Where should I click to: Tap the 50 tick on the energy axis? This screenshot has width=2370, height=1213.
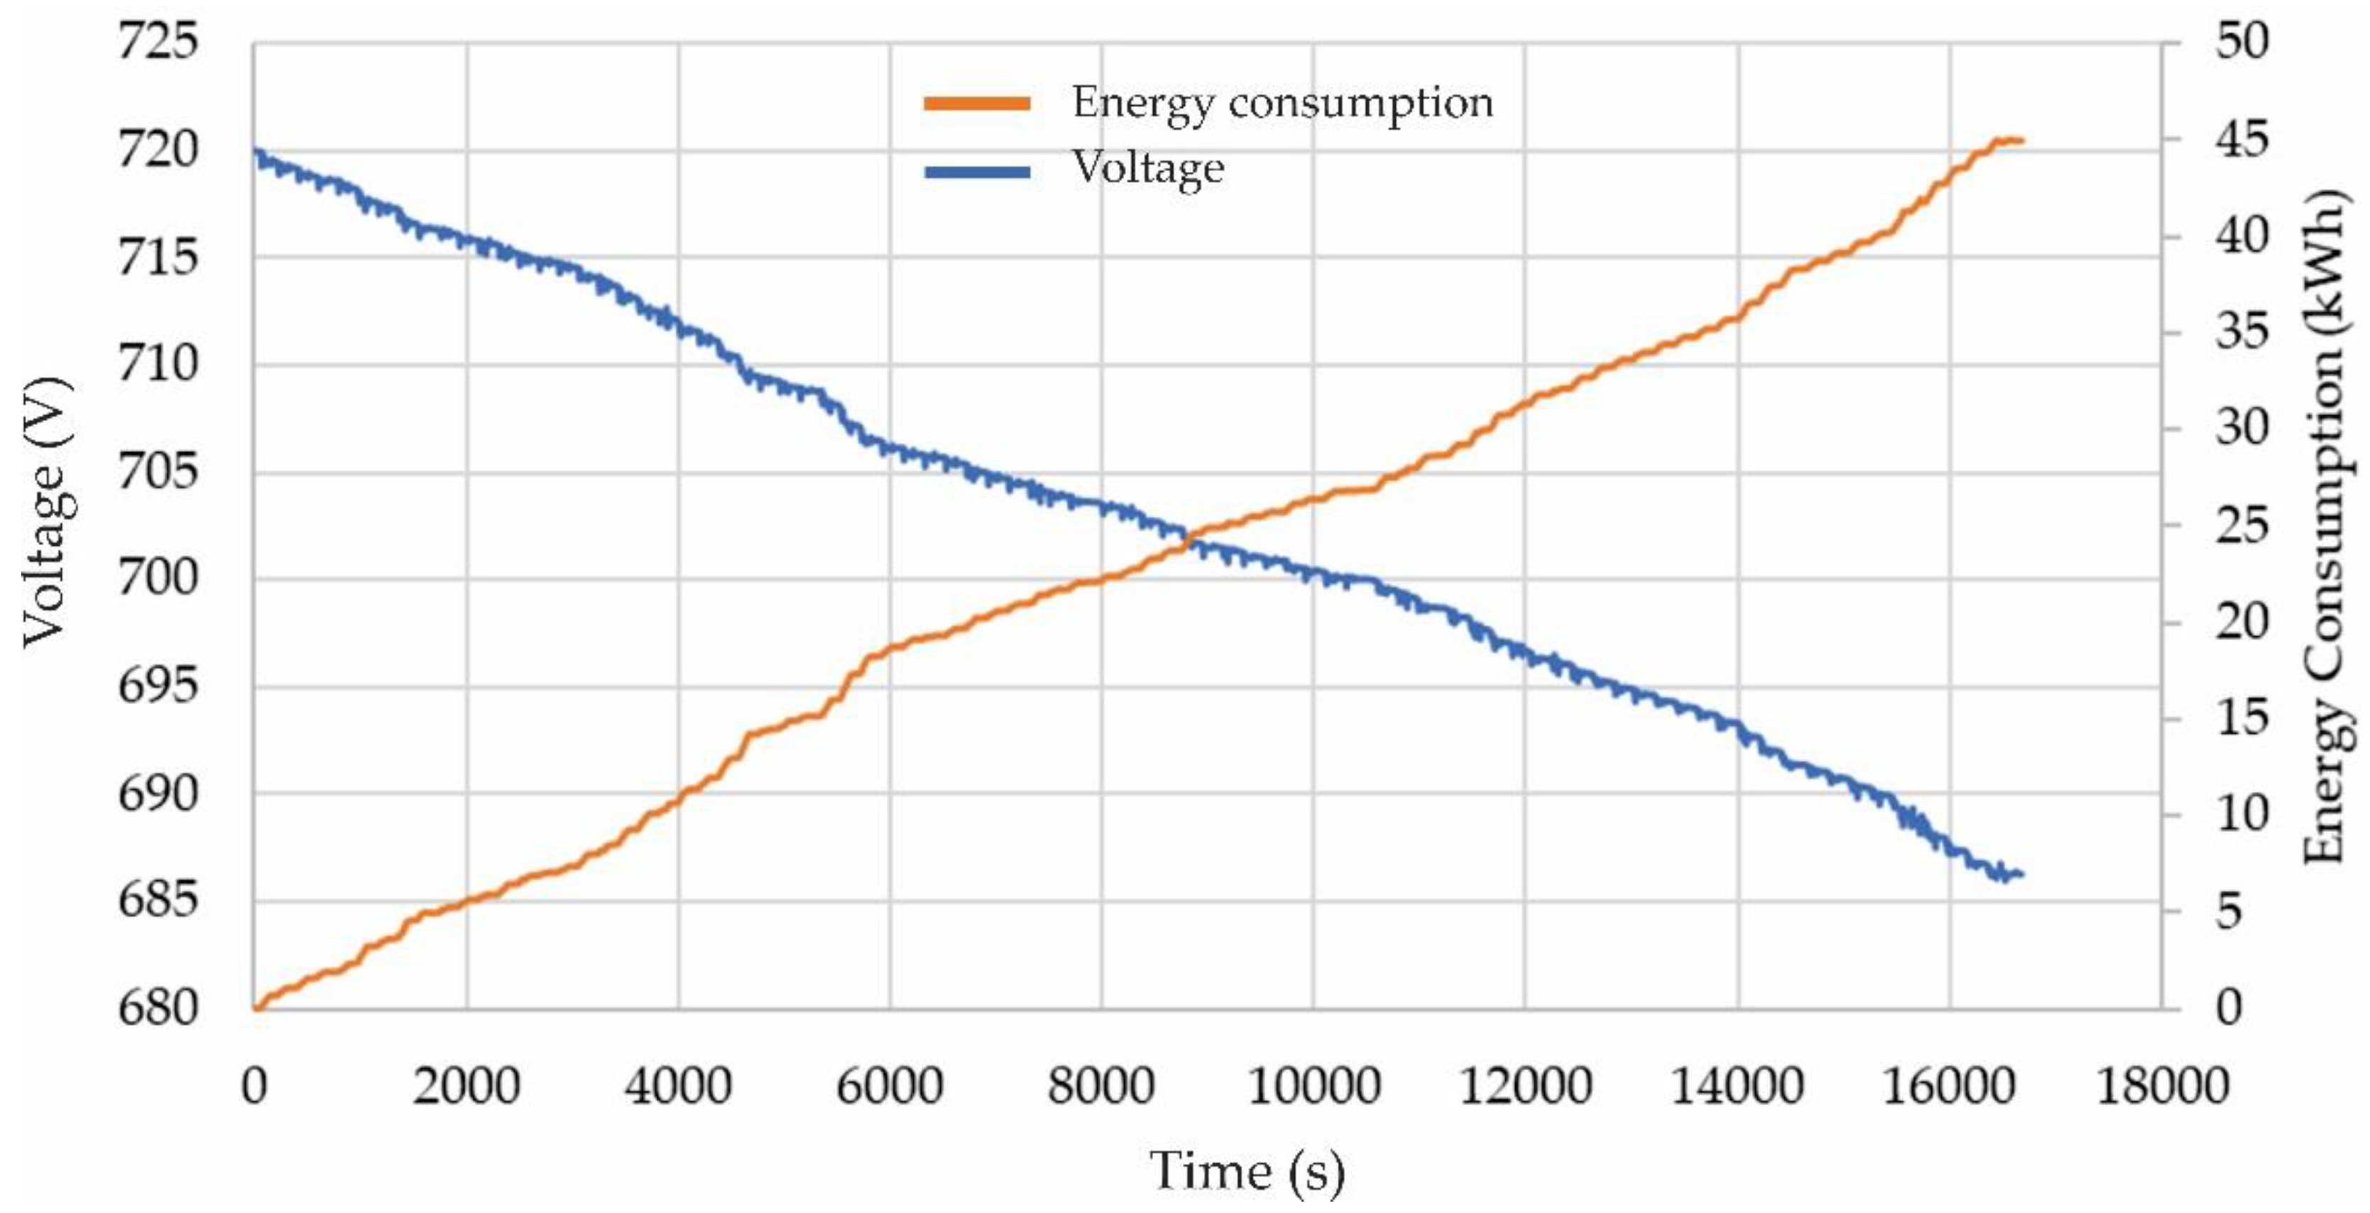coord(2242,43)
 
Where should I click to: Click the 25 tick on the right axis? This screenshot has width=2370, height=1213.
coord(2242,526)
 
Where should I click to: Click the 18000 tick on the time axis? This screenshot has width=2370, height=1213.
coord(2161,1086)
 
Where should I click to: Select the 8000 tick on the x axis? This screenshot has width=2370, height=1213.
coord(1101,1086)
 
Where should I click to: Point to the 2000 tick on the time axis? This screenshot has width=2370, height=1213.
coord(466,1086)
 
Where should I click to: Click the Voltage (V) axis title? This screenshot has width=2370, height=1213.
coord(46,512)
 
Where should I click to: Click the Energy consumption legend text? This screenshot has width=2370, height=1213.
coord(1282,102)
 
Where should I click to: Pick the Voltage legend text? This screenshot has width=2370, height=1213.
coord(1148,168)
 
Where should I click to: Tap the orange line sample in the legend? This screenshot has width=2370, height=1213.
coord(977,104)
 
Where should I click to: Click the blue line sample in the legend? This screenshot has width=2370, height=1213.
coord(977,171)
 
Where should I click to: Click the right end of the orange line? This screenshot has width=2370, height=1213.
coord(2021,141)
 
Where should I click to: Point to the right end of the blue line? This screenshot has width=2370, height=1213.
coord(2021,874)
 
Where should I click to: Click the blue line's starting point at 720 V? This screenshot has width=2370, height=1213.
coord(256,150)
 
